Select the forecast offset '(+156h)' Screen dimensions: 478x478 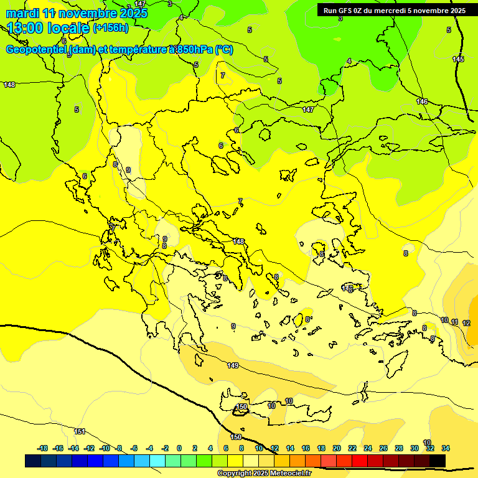[x=110, y=27]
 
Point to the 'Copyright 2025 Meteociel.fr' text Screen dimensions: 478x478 [x=264, y=473]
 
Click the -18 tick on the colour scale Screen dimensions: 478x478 [x=42, y=448]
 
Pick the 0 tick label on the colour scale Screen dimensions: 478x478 [x=179, y=448]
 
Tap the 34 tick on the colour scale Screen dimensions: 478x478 [x=446, y=448]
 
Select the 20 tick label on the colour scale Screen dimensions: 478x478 [x=337, y=448]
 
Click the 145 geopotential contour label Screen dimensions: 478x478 [x=458, y=59]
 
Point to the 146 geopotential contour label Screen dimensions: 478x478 [x=422, y=101]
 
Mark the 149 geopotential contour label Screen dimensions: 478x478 [x=233, y=365]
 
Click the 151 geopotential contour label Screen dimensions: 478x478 [x=80, y=431]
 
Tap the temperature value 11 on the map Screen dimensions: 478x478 [x=455, y=322]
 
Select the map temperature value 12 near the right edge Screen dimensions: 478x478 [x=466, y=323]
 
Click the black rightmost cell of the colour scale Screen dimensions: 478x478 [x=438, y=461]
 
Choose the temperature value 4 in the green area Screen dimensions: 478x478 [x=349, y=61]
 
